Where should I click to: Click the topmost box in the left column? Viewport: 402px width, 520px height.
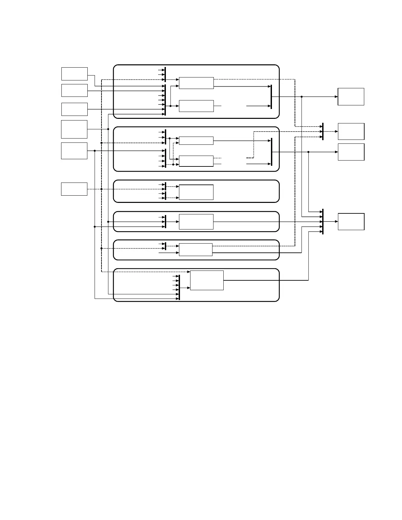75,74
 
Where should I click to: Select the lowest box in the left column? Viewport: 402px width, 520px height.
74,189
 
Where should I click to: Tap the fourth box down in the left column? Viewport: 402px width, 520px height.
74,129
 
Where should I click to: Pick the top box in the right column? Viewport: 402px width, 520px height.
351,97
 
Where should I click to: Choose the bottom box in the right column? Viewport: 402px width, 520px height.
351,222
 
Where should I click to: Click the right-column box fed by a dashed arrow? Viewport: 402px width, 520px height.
351,131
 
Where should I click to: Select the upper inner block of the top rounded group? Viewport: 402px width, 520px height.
196,83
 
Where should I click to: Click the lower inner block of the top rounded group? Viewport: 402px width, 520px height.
196,106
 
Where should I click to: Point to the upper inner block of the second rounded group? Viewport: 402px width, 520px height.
196,141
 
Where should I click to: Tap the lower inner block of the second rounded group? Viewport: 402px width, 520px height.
196,161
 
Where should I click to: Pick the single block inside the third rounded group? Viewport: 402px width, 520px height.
196,192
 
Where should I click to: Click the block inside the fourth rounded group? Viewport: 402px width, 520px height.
196,222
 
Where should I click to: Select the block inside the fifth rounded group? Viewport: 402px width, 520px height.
196,250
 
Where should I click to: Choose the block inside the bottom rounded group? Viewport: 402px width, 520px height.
207,280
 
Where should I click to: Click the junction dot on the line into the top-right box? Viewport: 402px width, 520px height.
301,97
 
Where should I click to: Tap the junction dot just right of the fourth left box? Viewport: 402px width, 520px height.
108,129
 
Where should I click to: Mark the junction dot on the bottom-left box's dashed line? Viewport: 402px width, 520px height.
101,189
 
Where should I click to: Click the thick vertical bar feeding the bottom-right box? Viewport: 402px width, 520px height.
323,222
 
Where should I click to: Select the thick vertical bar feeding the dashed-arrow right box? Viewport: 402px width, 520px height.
323,131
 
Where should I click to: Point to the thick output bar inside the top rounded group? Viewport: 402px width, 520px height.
271,97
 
